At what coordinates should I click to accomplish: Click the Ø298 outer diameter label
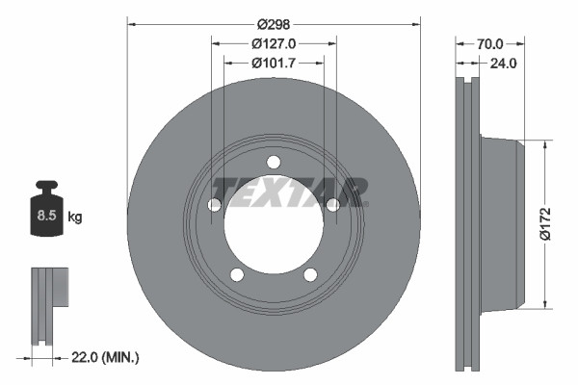[274, 25]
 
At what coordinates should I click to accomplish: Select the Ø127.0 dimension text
[273, 43]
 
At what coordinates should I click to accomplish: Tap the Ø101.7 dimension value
[273, 64]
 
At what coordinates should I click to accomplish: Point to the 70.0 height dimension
[490, 43]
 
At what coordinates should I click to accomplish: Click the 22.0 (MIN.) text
[107, 357]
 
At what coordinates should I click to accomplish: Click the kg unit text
[75, 218]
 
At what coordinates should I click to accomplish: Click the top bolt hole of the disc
[274, 162]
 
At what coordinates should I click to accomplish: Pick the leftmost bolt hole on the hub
[214, 205]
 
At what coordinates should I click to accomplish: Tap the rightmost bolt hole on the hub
[333, 205]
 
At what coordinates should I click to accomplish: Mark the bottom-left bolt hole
[236, 275]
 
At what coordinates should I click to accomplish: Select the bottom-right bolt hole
[310, 275]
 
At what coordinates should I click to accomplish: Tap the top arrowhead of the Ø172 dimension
[546, 144]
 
